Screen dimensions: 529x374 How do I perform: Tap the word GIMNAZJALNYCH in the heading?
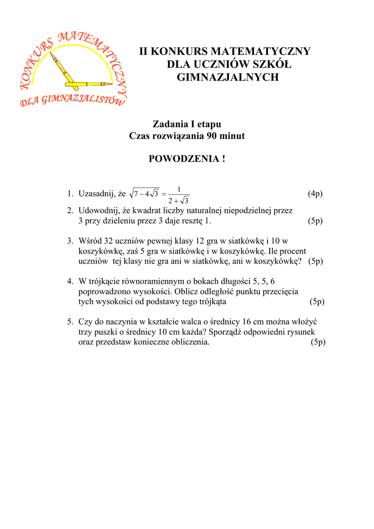coord(225,77)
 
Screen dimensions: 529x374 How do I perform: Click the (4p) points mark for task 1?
coord(315,194)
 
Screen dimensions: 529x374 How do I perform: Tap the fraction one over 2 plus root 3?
coord(179,195)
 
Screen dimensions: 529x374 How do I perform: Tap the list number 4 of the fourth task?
coord(69,282)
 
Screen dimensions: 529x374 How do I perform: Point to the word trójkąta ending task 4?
coord(211,302)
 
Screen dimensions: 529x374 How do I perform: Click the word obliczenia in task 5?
coord(190,342)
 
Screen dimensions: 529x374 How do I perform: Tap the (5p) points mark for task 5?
coord(318,342)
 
